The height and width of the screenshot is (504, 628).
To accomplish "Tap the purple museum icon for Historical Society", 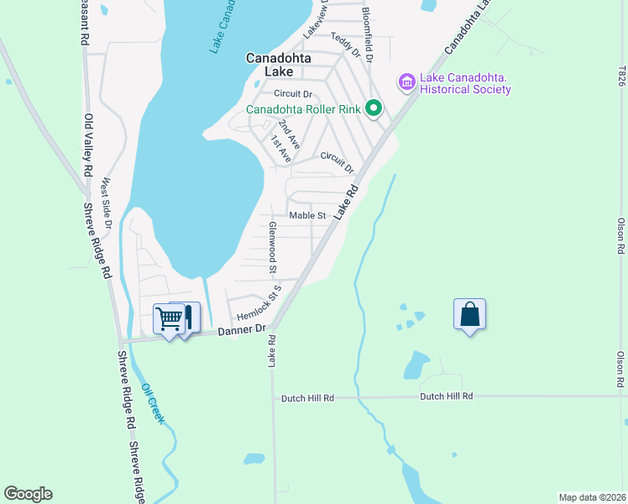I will (407, 81).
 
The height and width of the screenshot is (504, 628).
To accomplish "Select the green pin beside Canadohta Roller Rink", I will (374, 108).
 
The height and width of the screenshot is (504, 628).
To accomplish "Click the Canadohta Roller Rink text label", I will (304, 109).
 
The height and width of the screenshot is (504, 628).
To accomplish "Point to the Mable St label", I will (307, 216).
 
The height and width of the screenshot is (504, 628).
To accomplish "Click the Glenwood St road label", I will (273, 249).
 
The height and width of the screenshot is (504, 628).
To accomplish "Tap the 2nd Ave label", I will (289, 134).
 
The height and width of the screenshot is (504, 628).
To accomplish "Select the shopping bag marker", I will (470, 314).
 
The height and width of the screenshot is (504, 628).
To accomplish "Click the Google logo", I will (28, 494).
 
